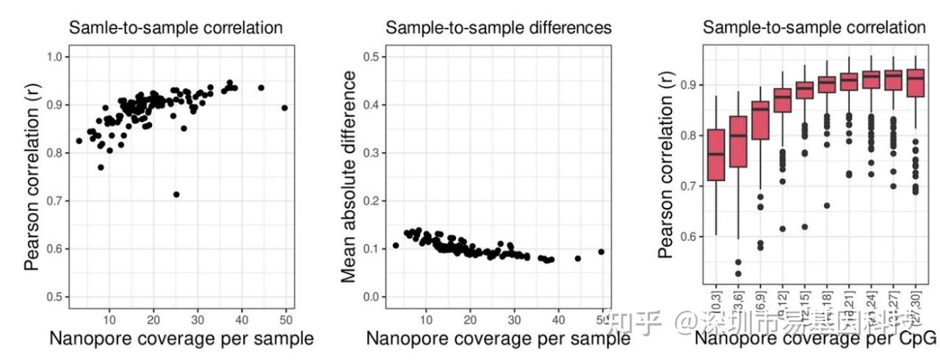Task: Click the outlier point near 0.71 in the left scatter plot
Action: tap(176, 195)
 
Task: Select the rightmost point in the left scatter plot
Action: tap(285, 108)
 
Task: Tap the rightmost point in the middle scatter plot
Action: tap(601, 251)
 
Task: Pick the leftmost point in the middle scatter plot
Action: tap(396, 245)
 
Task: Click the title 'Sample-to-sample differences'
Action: tap(499, 28)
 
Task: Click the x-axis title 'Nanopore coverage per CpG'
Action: tap(815, 339)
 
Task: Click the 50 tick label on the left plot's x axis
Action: tap(286, 319)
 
